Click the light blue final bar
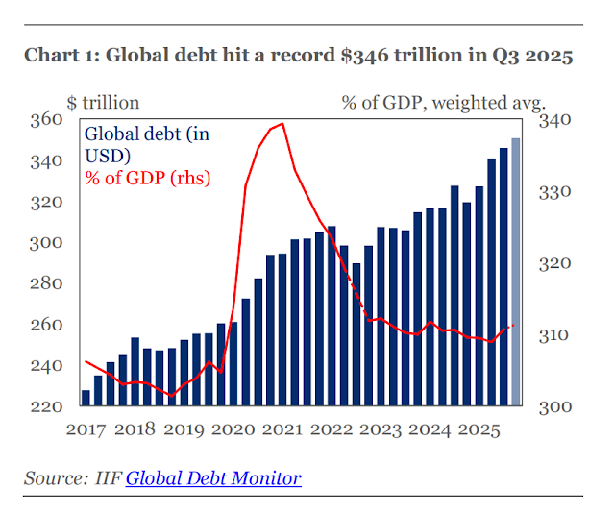tap(516, 274)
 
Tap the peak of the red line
tap(282, 124)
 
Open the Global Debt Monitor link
tap(213, 477)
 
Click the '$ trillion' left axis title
tap(103, 101)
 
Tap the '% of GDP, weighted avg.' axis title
tap(444, 101)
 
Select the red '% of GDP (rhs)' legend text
tap(148, 178)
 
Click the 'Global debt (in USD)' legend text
tap(147, 144)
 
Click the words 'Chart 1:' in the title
tap(60, 56)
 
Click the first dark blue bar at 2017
tap(86, 398)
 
